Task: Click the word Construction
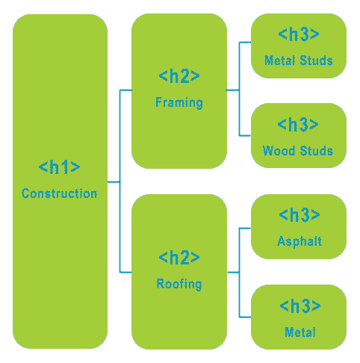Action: coord(59,193)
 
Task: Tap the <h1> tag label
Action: coord(59,167)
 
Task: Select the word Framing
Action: coord(179,102)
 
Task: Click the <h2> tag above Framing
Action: coord(179,76)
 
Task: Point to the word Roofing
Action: coord(179,284)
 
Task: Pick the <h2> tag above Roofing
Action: coord(179,258)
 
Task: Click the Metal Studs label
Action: coord(299,60)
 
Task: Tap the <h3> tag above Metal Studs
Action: coord(299,34)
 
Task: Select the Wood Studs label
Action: coord(298,151)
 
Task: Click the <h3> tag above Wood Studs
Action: coord(298,124)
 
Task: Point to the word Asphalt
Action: coord(300,241)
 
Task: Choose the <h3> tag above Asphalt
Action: coord(300,214)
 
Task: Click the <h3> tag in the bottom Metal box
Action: coord(300,305)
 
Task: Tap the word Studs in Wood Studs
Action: coord(317,151)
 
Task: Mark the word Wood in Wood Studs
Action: coord(279,151)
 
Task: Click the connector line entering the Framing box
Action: coord(126,90)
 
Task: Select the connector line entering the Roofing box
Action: coord(125,272)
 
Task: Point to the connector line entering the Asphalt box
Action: coord(245,228)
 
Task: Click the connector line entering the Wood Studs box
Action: coord(245,136)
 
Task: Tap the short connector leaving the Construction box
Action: coord(114,182)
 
